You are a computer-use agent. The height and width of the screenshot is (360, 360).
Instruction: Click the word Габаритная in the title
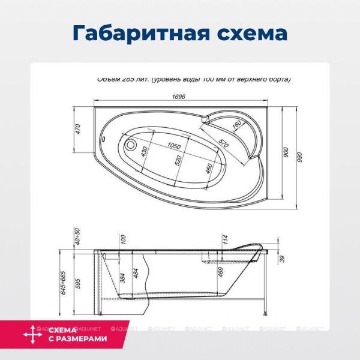coord(131,33)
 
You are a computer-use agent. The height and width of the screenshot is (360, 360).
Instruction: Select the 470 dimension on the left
coord(78,128)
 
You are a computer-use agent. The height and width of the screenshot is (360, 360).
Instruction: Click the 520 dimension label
coord(178,161)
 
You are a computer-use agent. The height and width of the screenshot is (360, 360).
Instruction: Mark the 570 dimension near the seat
coord(223,145)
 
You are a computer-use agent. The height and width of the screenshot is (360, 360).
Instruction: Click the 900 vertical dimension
coord(286,153)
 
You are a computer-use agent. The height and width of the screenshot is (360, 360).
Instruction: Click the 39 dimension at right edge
coord(281,259)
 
